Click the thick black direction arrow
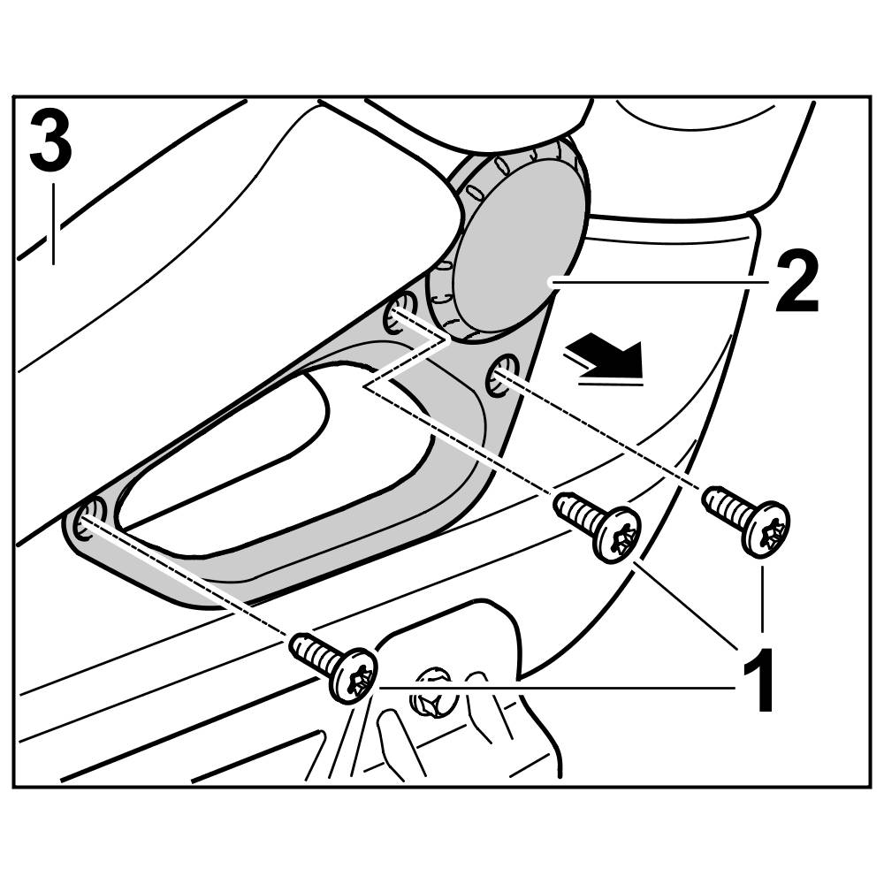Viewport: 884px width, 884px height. tap(605, 356)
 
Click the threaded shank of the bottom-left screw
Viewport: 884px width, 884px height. tap(314, 654)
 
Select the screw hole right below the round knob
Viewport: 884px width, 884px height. tap(501, 374)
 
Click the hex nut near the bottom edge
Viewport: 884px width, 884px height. tap(431, 692)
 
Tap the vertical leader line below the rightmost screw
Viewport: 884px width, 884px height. tap(763, 598)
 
